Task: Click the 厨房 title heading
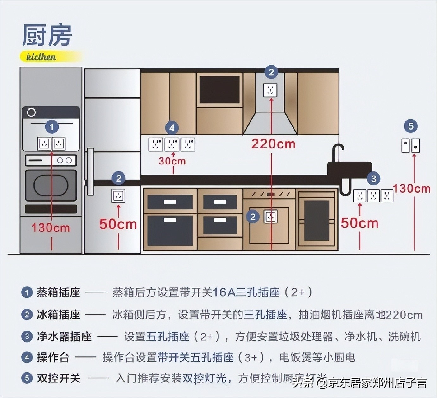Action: tap(47, 35)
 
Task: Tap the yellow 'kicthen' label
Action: tap(41, 57)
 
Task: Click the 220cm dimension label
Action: tap(274, 144)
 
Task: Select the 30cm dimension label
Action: tap(172, 161)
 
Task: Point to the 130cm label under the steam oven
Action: tap(51, 228)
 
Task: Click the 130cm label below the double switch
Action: tap(412, 189)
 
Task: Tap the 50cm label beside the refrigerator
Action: tap(118, 224)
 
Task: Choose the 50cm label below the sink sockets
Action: tap(359, 223)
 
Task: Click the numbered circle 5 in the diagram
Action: tap(411, 126)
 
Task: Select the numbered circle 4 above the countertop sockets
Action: tap(172, 128)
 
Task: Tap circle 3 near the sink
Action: tap(374, 178)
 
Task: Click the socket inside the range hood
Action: tap(270, 90)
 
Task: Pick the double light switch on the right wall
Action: tap(411, 146)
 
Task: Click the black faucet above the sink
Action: tap(338, 152)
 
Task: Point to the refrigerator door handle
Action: tap(91, 171)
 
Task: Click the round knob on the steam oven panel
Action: tap(31, 112)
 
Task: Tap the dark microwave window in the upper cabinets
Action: tap(219, 90)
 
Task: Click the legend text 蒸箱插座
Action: tap(59, 292)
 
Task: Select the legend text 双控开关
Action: tap(59, 378)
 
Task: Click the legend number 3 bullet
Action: tap(27, 336)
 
